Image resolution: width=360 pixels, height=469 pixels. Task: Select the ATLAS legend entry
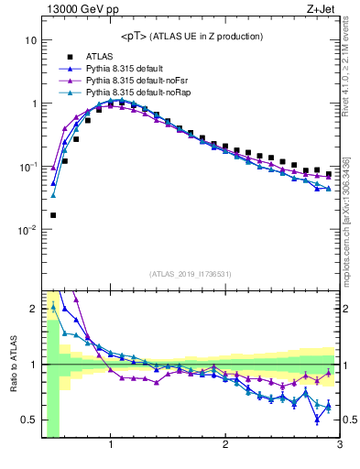(100, 57)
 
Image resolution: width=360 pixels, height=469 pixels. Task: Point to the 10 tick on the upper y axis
(30, 41)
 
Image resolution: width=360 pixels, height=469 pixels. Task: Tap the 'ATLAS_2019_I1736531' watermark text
(190, 274)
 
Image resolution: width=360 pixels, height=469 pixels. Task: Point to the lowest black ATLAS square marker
(53, 215)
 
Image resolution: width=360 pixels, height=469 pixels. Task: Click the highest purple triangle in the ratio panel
(76, 299)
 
